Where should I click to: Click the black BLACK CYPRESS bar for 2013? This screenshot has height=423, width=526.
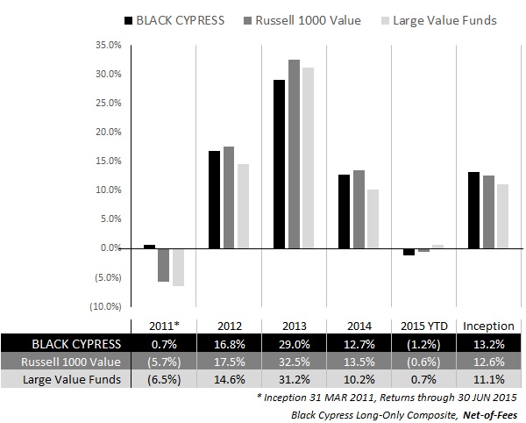pyautogui.click(x=279, y=164)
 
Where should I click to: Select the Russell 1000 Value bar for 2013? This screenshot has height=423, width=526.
pyautogui.click(x=294, y=154)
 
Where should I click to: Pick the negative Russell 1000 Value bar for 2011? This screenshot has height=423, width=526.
pyautogui.click(x=163, y=264)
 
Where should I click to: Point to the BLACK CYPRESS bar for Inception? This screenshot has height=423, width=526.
pyautogui.click(x=474, y=210)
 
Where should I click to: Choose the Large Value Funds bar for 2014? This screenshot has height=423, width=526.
pyautogui.click(x=373, y=219)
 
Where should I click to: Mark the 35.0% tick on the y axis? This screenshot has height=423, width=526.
pyautogui.click(x=105, y=44)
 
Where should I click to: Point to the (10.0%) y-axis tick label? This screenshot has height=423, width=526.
pyautogui.click(x=103, y=305)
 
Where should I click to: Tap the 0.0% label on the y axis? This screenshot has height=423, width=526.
pyautogui.click(x=107, y=247)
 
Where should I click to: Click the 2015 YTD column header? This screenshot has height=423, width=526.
pyautogui.click(x=424, y=325)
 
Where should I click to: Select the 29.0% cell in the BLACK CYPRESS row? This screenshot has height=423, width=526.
pyautogui.click(x=293, y=342)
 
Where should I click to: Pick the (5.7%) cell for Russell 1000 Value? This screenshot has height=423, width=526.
pyautogui.click(x=162, y=360)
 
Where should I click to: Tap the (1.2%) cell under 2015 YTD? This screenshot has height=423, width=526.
pyautogui.click(x=424, y=342)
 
